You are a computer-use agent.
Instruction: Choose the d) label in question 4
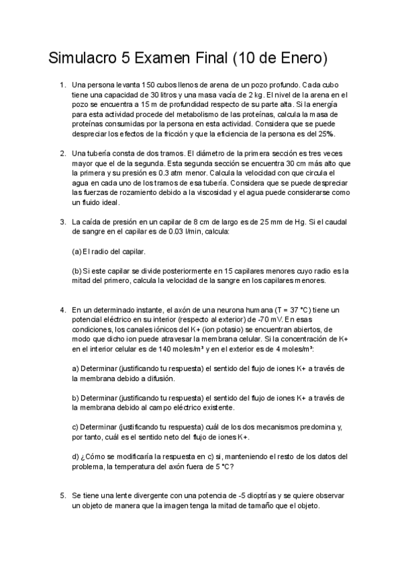[75, 457]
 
